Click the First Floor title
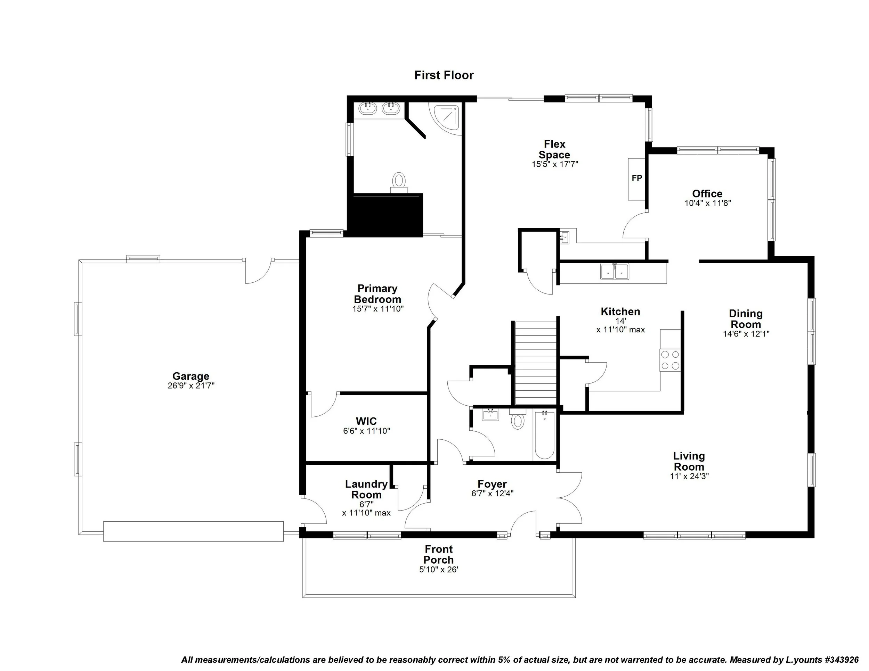tap(444, 75)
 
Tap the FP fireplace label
tap(637, 178)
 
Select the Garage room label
tap(190, 376)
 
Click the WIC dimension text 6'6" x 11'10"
tap(366, 431)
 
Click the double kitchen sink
tap(615, 272)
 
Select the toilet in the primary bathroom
tap(399, 181)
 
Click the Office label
tap(707, 193)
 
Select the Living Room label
tap(689, 461)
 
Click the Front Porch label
tap(438, 555)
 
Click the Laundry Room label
tap(366, 489)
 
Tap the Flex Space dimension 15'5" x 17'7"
tap(555, 164)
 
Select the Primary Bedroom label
tap(377, 294)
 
